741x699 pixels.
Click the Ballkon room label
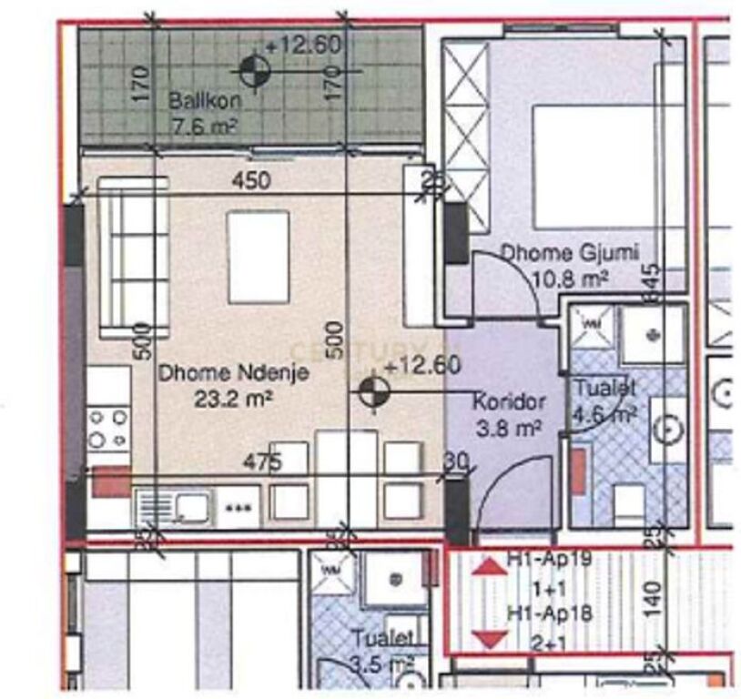click(198, 101)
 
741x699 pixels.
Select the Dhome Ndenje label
click(234, 371)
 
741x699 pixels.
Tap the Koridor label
click(509, 400)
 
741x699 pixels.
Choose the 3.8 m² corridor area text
click(508, 425)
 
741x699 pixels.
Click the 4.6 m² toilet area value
click(603, 414)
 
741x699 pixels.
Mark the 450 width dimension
click(250, 181)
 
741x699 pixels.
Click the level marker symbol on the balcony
click(253, 69)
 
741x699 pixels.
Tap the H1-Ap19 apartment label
click(551, 560)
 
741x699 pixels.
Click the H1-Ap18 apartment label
click(551, 614)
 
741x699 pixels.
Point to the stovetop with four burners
click(107, 428)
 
